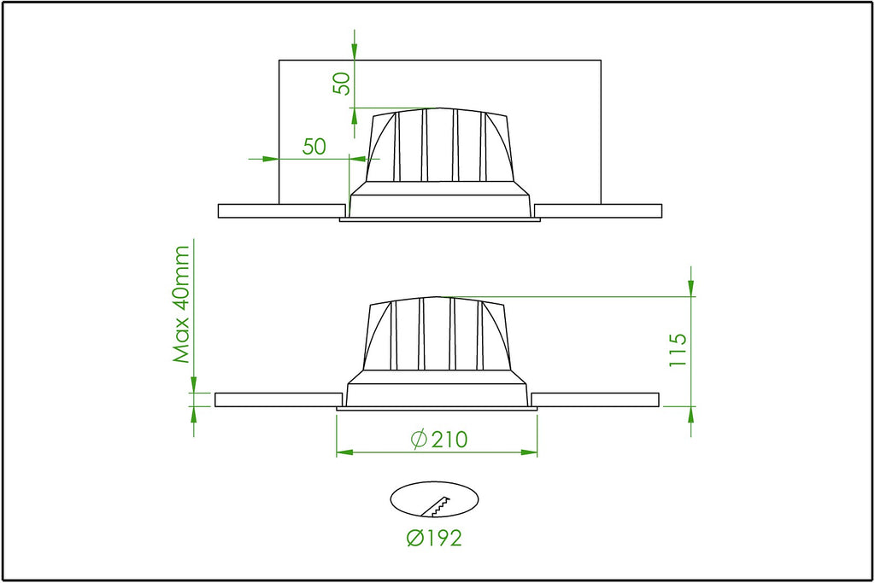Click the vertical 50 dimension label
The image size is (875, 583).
pos(342,83)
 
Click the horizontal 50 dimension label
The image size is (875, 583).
pos(314,146)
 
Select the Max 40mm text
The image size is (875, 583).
pos(181,305)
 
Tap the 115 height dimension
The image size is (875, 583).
pos(677,349)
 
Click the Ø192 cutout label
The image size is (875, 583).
pos(434,538)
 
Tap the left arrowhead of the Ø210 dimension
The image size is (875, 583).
pos(344,452)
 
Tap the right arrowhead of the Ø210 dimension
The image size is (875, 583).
pos(529,452)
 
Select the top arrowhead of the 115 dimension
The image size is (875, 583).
pos(690,289)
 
